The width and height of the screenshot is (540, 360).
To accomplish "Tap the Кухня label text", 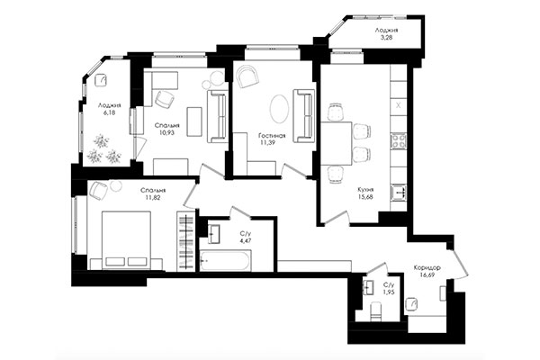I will pos(364,190).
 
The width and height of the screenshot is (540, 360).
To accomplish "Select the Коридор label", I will pos(428,268).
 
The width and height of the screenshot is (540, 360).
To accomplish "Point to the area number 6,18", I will pos(110,114).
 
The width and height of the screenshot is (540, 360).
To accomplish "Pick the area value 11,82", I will pos(152,199).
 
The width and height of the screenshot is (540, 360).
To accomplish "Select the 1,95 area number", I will pos(388,292).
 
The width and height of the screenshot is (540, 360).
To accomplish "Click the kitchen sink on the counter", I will pos(400,191).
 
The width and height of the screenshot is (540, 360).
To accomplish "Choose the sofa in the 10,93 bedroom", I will pos(216,118).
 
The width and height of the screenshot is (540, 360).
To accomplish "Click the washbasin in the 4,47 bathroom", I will pos(214,234).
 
